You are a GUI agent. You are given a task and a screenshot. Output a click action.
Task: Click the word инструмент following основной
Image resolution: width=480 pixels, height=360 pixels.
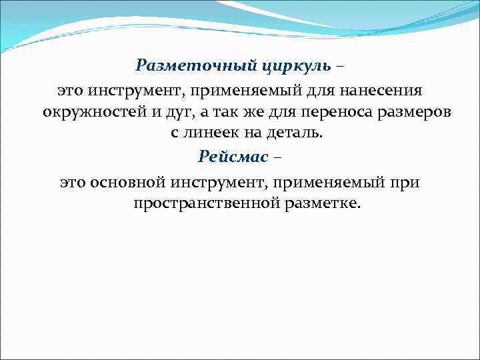217,181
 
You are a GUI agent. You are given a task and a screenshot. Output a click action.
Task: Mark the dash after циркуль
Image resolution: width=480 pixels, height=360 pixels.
341,65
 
